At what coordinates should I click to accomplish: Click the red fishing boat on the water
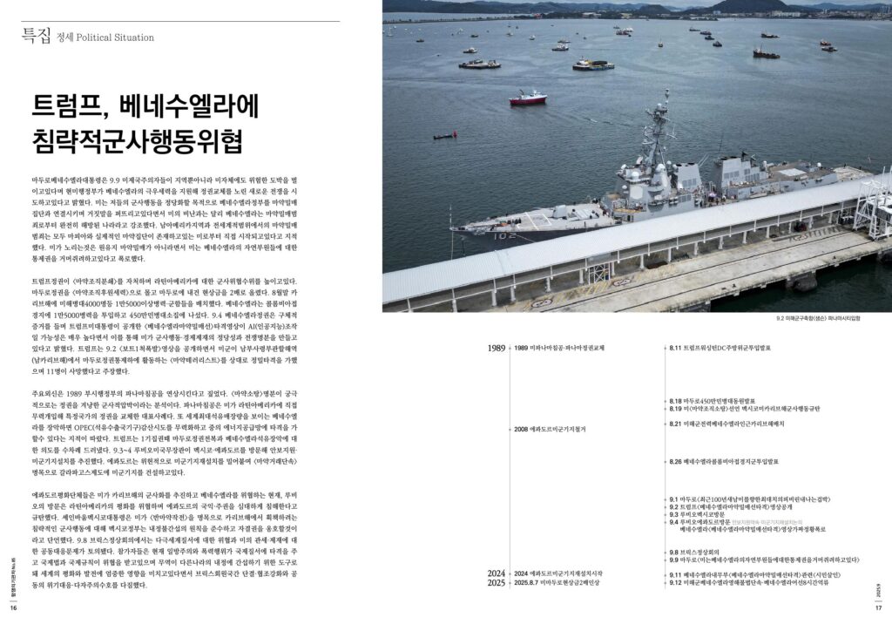point(528,98)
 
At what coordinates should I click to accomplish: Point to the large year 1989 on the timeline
point(497,348)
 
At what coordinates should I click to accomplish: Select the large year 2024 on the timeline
point(497,573)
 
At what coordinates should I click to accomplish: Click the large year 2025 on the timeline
point(497,582)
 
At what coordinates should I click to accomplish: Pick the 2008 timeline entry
point(551,430)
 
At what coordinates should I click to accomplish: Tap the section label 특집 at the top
point(37,36)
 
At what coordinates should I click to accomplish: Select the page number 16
point(13,609)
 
